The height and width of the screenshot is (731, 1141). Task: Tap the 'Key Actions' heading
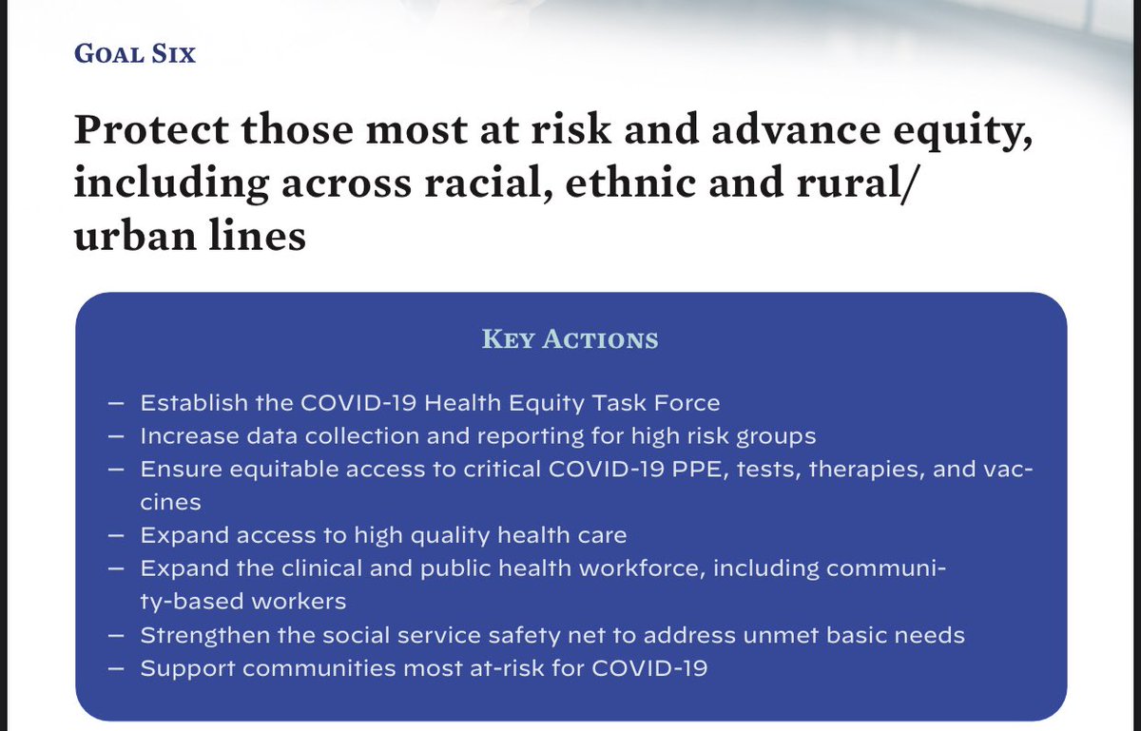point(570,339)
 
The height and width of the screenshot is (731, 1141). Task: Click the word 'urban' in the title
point(129,234)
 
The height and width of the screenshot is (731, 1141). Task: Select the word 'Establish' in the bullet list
point(187,403)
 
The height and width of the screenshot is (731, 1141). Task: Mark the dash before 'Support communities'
point(116,667)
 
